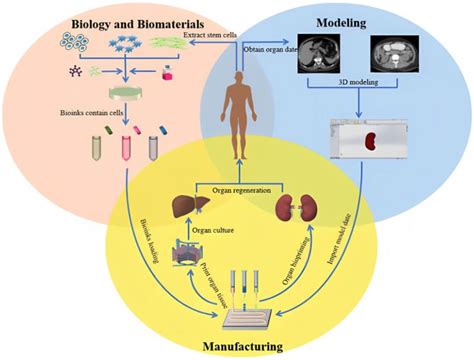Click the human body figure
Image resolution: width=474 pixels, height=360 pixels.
pos(238,120)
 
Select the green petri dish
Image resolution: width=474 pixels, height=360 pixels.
pos(127,94)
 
